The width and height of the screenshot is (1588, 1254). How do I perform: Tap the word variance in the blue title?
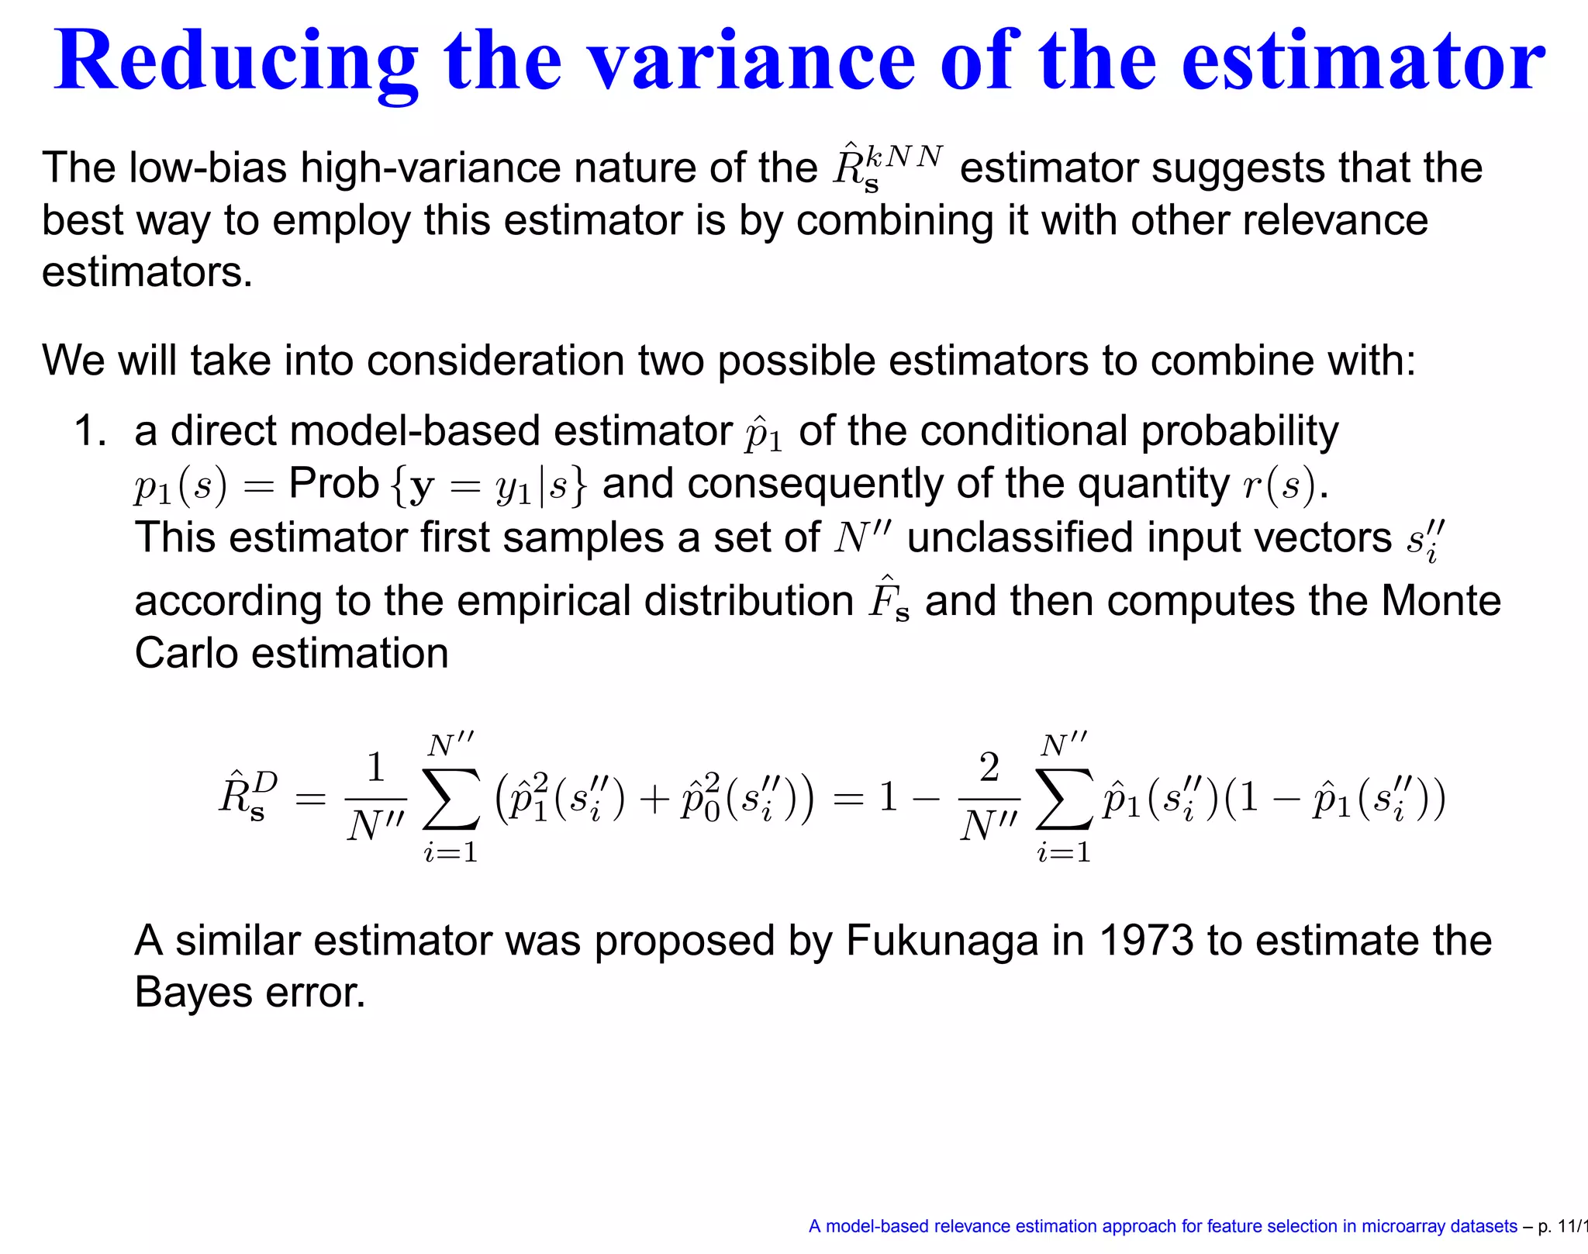tap(751, 62)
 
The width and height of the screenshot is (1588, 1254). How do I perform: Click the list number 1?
tap(88, 430)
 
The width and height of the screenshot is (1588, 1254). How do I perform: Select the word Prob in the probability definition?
tap(333, 485)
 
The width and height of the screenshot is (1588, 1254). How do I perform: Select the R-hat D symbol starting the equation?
tap(247, 796)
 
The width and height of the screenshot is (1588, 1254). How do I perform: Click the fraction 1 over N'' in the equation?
tap(376, 797)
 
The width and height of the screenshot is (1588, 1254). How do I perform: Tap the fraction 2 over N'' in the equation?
tap(989, 797)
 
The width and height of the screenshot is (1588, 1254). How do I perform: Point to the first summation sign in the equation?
tap(451, 799)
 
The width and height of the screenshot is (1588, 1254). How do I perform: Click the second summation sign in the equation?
tap(1064, 799)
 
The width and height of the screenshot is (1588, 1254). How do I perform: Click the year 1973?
tap(1146, 941)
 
